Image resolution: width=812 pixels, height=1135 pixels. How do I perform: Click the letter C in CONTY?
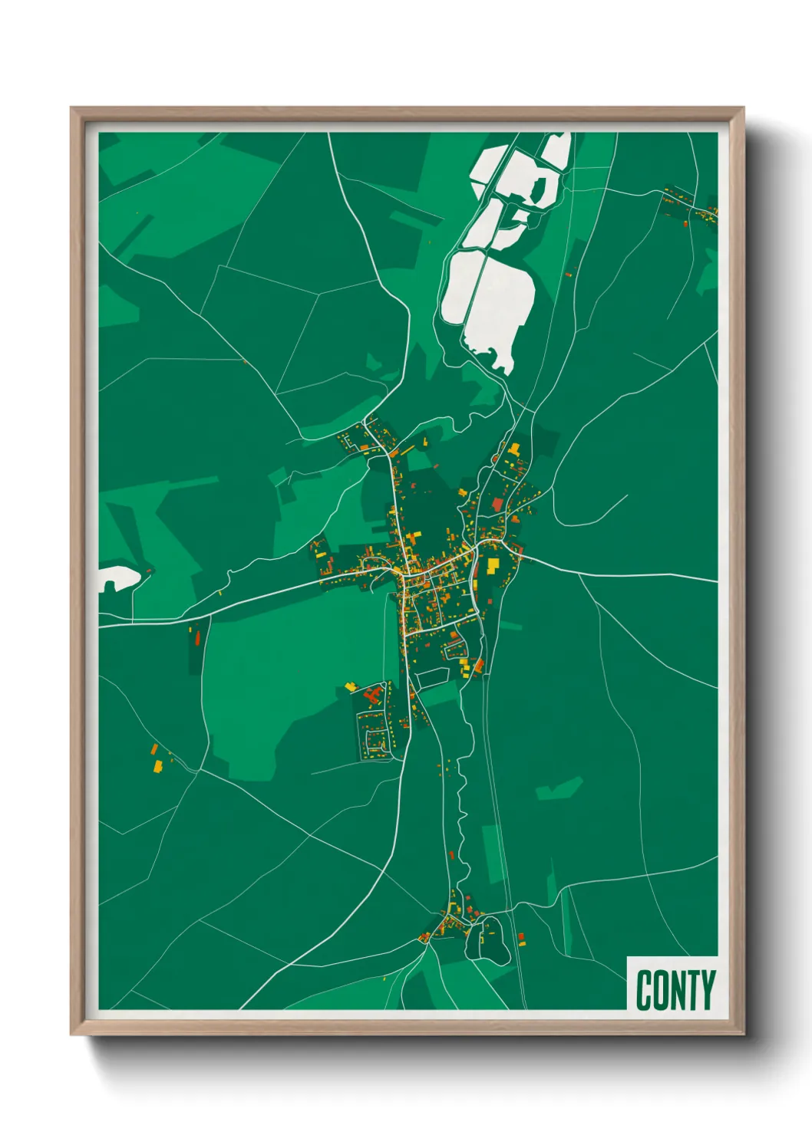(644, 990)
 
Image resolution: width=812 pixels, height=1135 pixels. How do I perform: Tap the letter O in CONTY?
(660, 990)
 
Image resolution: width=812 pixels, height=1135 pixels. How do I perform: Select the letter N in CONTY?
(677, 990)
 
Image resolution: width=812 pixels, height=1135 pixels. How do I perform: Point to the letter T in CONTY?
(692, 990)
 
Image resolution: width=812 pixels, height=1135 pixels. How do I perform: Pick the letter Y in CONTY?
(708, 990)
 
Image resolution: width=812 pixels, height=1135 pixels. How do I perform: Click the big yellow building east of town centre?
(493, 566)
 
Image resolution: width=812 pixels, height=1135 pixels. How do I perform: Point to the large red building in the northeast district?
(497, 504)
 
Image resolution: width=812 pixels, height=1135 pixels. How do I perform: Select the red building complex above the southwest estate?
(374, 696)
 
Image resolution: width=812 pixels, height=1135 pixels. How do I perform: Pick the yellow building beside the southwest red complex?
(352, 686)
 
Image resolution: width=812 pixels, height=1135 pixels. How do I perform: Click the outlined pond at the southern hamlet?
(487, 939)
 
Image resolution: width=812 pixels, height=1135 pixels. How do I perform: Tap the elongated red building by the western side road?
(195, 637)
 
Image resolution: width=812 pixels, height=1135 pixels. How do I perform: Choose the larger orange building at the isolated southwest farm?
(159, 765)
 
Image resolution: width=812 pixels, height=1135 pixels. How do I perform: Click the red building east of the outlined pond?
(520, 936)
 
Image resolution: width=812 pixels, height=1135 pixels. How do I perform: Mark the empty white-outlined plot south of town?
(431, 677)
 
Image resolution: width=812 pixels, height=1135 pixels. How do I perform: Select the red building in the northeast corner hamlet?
(685, 223)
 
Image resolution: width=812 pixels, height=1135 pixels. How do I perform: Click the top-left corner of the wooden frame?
(71, 108)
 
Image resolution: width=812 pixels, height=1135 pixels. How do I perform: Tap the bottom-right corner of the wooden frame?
(744, 1035)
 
